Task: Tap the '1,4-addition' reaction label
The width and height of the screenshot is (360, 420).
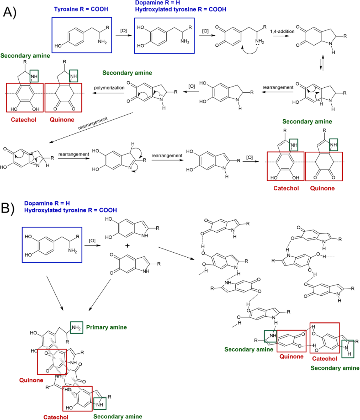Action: pyautogui.click(x=281, y=31)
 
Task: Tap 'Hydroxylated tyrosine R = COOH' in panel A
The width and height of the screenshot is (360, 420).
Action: pyautogui.click(x=181, y=9)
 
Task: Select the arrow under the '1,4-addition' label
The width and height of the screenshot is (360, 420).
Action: pyautogui.click(x=281, y=36)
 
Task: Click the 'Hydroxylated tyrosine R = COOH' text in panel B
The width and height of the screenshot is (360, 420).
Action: pyautogui.click(x=70, y=210)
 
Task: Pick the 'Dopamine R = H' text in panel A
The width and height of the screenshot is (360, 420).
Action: pyautogui.click(x=160, y=3)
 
